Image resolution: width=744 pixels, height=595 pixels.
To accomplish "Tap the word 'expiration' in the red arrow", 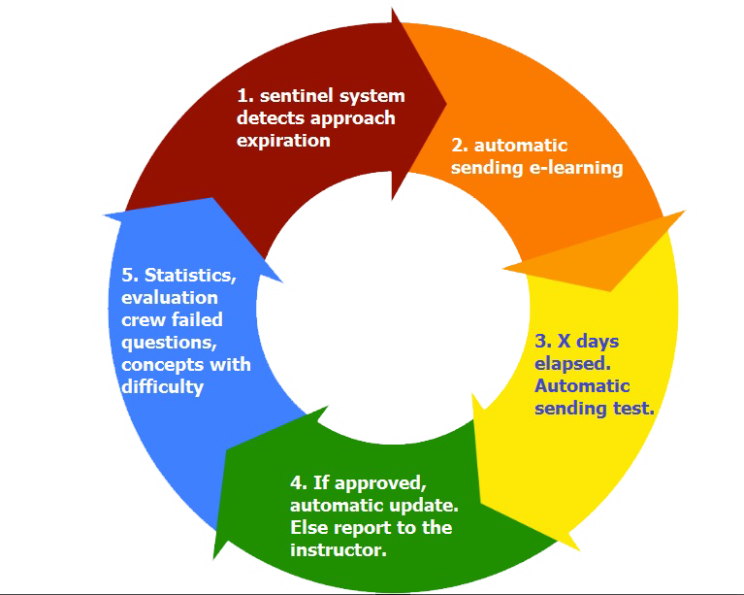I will [x=283, y=140].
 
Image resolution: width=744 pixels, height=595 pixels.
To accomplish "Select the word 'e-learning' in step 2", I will [x=578, y=167].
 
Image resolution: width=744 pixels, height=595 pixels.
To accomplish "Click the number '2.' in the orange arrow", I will [x=461, y=146].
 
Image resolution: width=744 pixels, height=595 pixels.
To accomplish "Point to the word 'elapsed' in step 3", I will [x=570, y=364].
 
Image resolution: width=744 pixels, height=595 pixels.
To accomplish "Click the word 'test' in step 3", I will [x=632, y=409].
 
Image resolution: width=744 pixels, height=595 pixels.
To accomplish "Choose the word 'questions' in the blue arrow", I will [x=167, y=342].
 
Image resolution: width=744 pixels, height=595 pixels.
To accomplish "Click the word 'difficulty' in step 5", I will [x=163, y=386].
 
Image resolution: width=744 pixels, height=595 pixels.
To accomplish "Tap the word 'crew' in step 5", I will [x=143, y=320].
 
